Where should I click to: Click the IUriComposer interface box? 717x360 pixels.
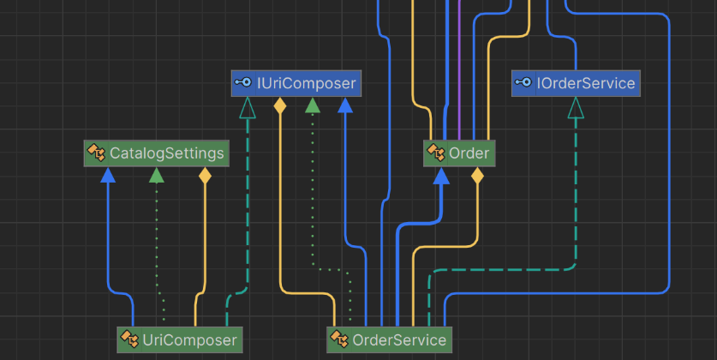(296, 83)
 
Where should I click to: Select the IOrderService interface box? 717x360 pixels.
(576, 83)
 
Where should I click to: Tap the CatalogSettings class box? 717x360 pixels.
(156, 153)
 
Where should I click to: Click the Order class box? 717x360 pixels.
(459, 153)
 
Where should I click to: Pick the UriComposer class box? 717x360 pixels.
(179, 339)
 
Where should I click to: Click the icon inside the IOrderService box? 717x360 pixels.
(523, 83)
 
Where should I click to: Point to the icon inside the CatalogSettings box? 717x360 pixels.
(96, 153)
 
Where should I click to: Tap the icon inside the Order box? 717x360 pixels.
(436, 153)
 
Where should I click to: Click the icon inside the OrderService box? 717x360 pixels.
(339, 339)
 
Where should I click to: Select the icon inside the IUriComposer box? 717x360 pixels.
(243, 83)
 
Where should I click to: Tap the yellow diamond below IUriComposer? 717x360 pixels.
(279, 106)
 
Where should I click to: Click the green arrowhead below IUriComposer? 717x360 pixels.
(313, 105)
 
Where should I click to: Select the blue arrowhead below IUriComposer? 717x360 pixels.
(345, 105)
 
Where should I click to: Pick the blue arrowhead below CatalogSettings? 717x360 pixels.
(108, 176)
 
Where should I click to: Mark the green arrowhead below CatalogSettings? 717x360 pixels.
(156, 176)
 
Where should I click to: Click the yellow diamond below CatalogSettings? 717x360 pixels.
(205, 177)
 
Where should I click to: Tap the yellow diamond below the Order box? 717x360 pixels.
(477, 177)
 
